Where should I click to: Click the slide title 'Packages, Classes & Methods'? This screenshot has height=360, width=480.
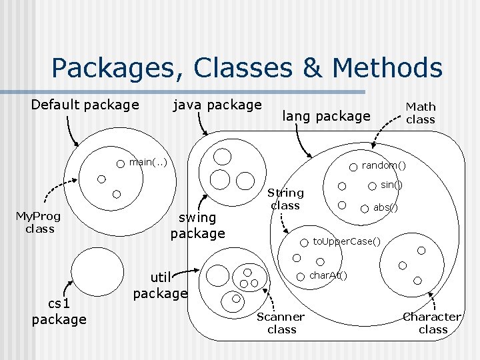[246, 68]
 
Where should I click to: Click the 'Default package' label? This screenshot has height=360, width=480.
[85, 105]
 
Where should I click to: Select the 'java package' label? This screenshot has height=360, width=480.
[217, 105]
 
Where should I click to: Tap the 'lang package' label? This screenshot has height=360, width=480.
[326, 116]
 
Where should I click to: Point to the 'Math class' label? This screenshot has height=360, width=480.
[421, 113]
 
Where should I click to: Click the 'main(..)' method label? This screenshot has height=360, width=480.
[147, 161]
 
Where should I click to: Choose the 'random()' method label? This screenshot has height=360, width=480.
[383, 165]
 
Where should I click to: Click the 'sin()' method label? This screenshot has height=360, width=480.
[391, 184]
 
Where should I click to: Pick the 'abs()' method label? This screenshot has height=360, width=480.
[385, 207]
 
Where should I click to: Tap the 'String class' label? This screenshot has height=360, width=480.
[285, 199]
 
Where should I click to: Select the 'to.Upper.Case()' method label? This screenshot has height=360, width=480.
[347, 241]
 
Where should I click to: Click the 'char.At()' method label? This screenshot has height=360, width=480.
[328, 275]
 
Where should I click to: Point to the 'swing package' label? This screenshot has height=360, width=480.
[197, 225]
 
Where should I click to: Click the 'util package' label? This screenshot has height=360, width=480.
[160, 285]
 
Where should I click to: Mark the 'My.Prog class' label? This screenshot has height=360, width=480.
[39, 222]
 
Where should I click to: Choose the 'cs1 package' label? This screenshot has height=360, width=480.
[59, 312]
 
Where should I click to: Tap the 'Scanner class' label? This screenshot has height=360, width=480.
[281, 323]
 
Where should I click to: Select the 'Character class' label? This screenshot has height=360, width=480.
[432, 323]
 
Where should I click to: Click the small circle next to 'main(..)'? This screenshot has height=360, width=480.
[121, 162]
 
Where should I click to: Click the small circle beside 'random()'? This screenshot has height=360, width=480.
[354, 165]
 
